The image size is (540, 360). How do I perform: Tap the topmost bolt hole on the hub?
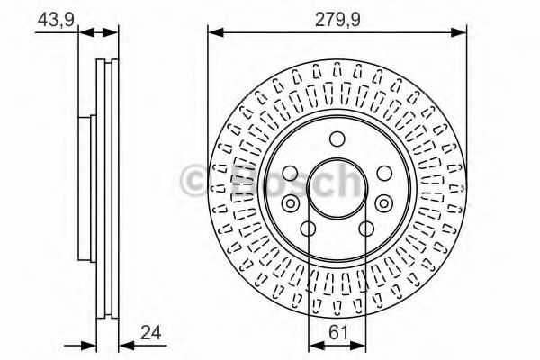pos(337,139)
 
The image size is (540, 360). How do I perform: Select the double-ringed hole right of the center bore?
pos(384,202)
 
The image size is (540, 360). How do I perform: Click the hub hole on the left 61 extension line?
pos(308,229)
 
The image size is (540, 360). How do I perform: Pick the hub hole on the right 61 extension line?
pos(366,229)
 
